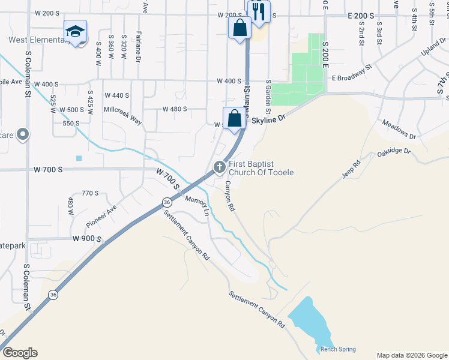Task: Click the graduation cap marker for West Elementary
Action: pyautogui.click(x=76, y=32)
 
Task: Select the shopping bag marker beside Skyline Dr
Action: pyautogui.click(x=234, y=118)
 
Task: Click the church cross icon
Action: pyautogui.click(x=220, y=166)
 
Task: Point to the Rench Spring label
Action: pyautogui.click(x=337, y=349)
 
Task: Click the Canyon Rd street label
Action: pyautogui.click(x=229, y=196)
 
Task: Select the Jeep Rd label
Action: pyautogui.click(x=351, y=168)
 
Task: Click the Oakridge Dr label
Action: pyautogui.click(x=394, y=153)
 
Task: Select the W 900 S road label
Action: pyautogui.click(x=88, y=239)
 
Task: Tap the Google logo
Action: pyautogui.click(x=20, y=353)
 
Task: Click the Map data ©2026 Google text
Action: pyautogui.click(x=411, y=355)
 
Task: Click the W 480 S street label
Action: pyautogui.click(x=175, y=109)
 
